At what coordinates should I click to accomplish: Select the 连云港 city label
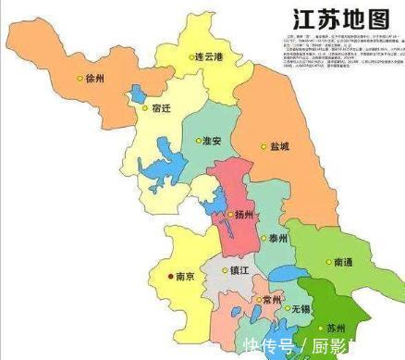(x=209, y=56)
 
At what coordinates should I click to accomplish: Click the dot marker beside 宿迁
(x=144, y=107)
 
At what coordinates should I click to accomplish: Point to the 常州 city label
(x=272, y=302)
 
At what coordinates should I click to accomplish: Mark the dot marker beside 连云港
(x=189, y=56)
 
